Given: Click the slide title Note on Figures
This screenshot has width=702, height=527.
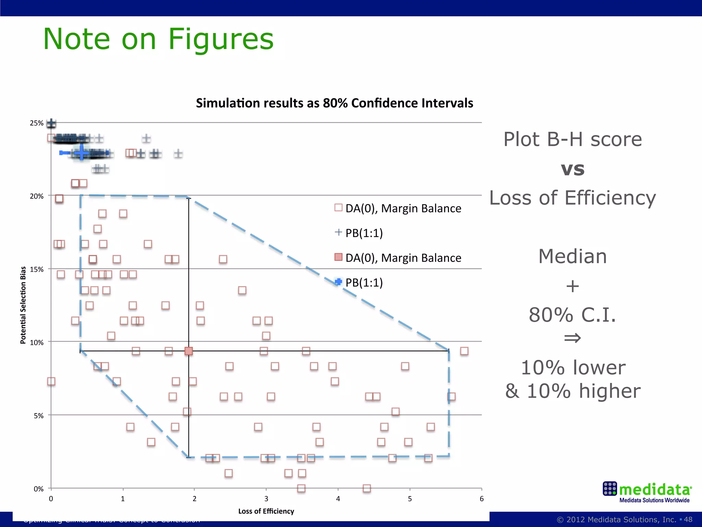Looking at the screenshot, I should click(x=158, y=39).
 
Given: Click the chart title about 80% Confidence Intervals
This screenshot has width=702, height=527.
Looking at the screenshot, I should click(x=334, y=103).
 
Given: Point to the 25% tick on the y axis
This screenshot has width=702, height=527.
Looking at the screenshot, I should click(x=37, y=123).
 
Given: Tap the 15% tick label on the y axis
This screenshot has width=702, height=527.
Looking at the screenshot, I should click(x=37, y=269).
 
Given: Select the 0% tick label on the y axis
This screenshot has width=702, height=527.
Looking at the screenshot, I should click(x=38, y=489).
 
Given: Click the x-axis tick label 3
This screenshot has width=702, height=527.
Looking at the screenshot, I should click(x=266, y=499).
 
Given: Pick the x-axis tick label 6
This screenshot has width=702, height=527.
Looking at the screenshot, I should click(x=482, y=499).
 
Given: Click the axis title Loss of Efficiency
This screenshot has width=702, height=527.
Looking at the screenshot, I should click(x=266, y=511).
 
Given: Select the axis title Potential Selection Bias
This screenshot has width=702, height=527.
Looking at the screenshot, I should click(x=23, y=305).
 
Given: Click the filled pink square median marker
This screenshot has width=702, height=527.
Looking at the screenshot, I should click(x=189, y=351).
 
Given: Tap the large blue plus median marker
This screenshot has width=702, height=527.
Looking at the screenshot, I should click(x=82, y=152).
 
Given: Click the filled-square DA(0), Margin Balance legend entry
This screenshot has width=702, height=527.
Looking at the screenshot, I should click(x=398, y=258).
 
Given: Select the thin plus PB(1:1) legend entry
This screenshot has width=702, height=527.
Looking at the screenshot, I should click(x=359, y=233).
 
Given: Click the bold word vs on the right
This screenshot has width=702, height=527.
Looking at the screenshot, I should click(x=572, y=169).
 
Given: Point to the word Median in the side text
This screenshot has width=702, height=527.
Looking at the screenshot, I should click(x=572, y=256).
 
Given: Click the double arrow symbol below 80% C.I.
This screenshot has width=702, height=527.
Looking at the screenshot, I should click(x=572, y=338).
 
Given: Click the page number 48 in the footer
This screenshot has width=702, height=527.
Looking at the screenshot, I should click(x=688, y=519).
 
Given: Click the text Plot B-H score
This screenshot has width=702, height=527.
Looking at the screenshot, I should click(x=572, y=139).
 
